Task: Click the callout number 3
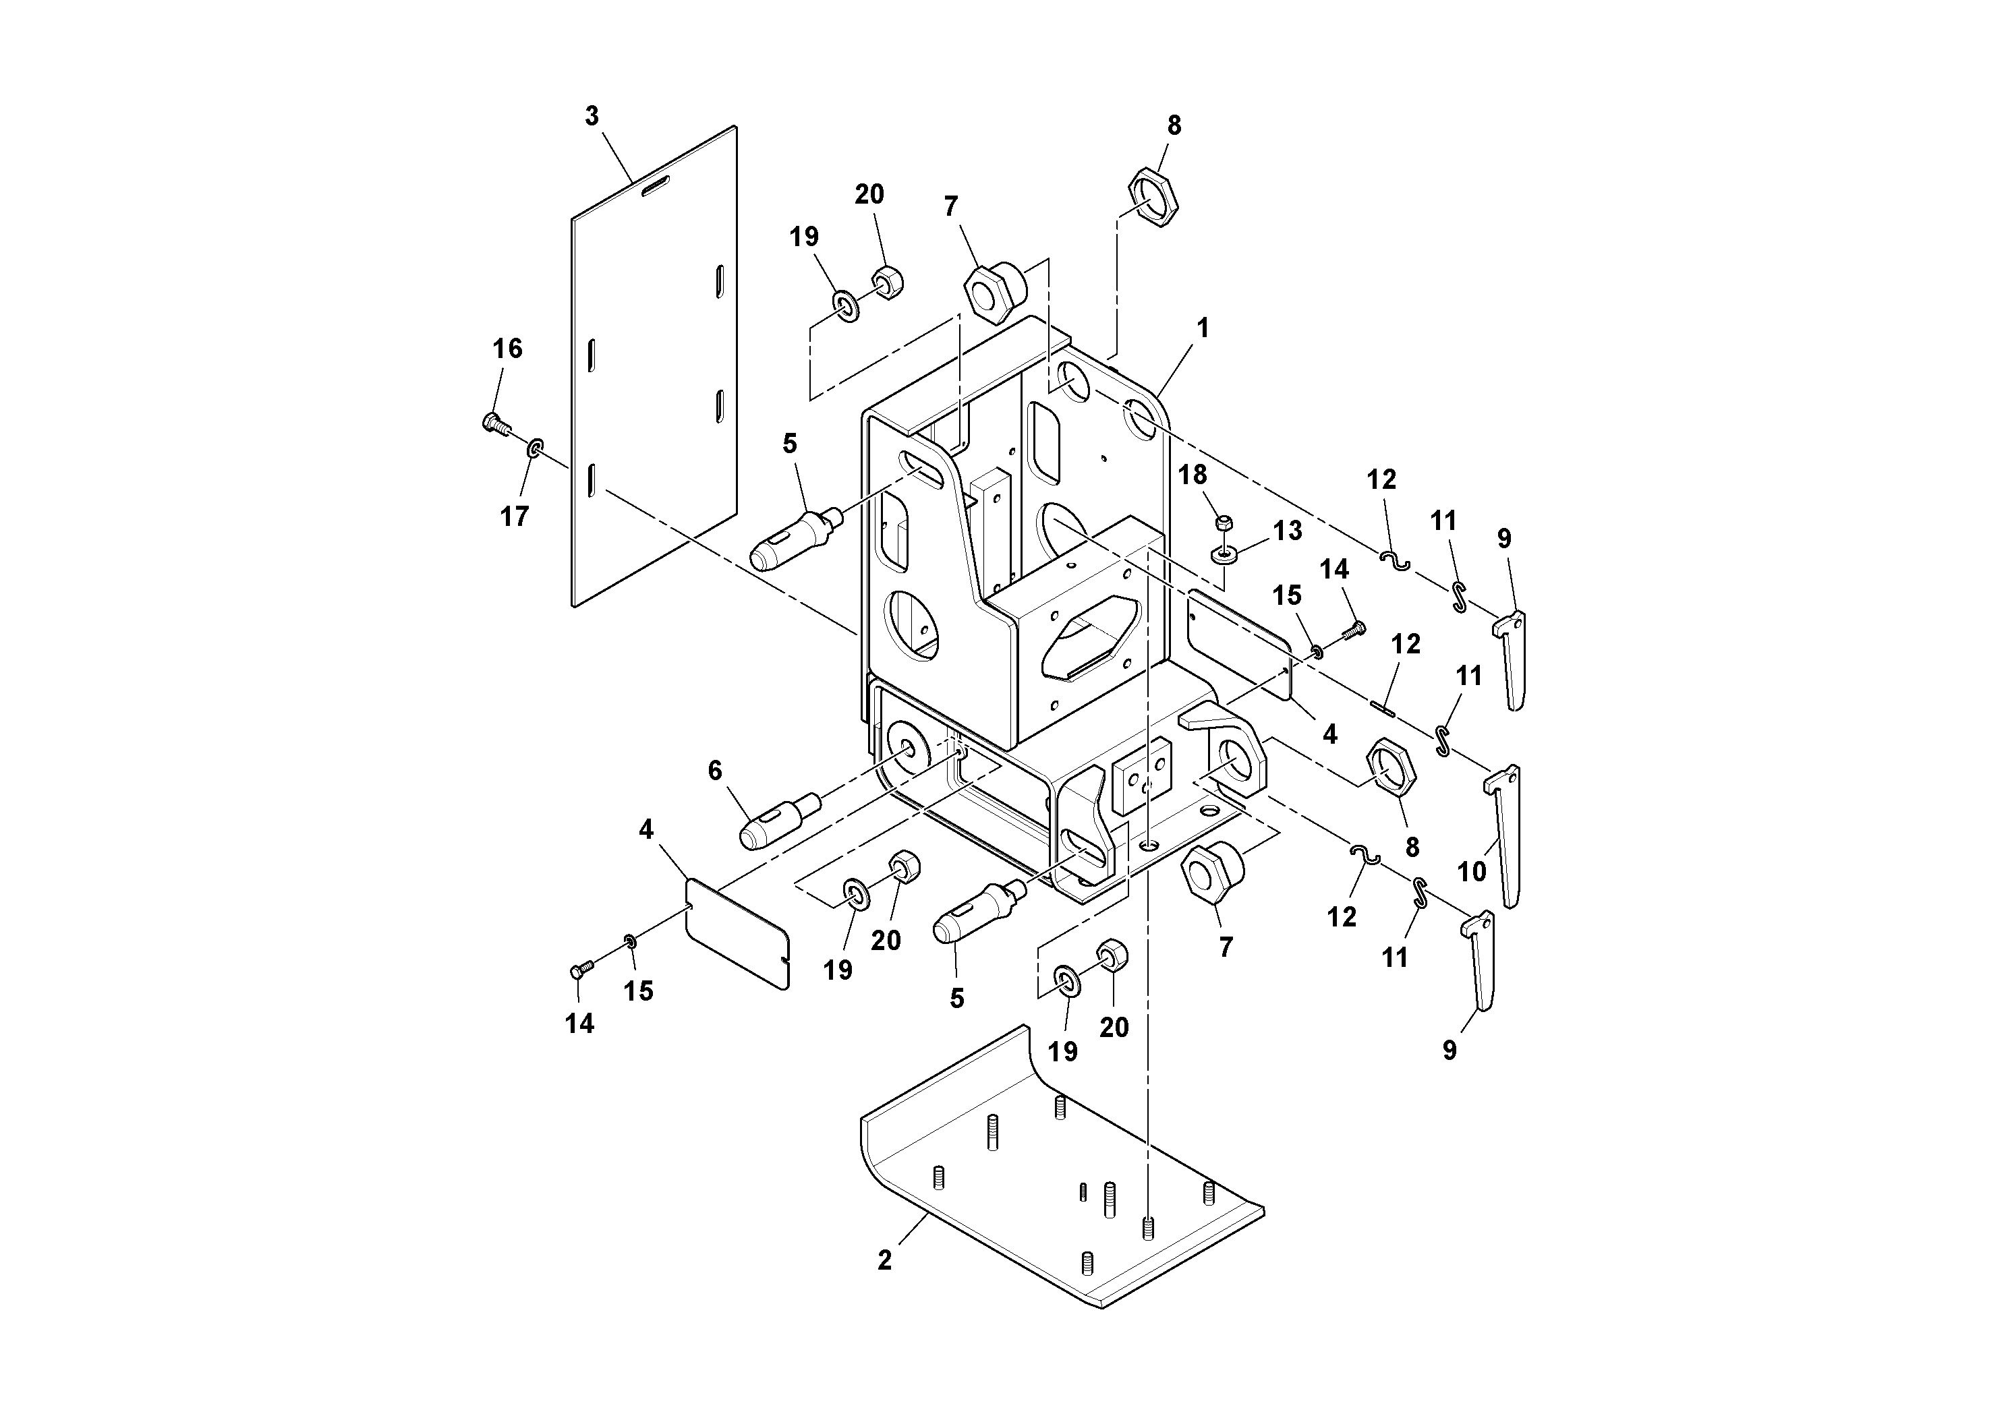tap(592, 116)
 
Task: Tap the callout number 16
tap(507, 349)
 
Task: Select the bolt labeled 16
tap(495, 425)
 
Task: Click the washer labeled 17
tap(534, 449)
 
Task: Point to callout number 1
tap(1203, 329)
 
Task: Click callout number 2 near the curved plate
tap(884, 1261)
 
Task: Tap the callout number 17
tap(514, 516)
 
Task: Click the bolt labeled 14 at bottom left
tap(581, 969)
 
